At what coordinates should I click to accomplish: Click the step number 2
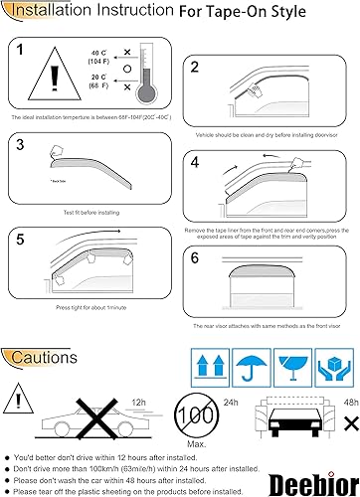tap(195, 67)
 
